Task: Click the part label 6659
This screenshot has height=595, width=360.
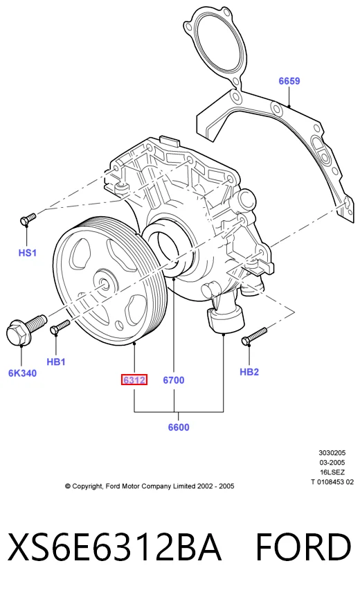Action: point(289,81)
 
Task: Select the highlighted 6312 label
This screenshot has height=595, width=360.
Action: point(134,380)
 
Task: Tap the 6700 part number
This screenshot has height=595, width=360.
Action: point(174,380)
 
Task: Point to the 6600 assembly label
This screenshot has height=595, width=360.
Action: point(179,427)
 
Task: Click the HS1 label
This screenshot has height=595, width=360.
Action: point(28,252)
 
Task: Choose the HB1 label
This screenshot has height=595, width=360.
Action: point(56,362)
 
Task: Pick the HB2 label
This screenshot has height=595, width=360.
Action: point(249,372)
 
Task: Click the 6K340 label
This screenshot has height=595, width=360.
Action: point(22,373)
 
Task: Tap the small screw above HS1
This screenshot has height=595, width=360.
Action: point(28,219)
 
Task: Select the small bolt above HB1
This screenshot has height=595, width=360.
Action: point(60,327)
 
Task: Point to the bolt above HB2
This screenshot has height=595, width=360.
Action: point(254,336)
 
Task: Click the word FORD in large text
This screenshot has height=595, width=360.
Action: point(303,547)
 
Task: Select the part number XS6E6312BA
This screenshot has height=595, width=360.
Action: point(114,547)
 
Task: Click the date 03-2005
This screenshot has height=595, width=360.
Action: point(332,463)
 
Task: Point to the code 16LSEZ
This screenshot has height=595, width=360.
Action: point(332,472)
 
